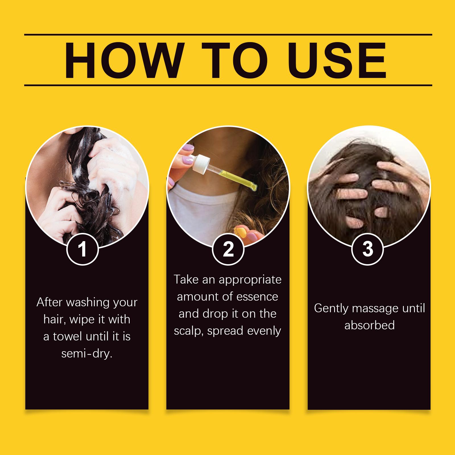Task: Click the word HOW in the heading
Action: click(123, 60)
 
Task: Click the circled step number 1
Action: click(82, 249)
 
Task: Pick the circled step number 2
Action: click(228, 249)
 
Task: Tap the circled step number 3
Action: click(368, 249)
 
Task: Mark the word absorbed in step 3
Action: click(369, 325)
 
